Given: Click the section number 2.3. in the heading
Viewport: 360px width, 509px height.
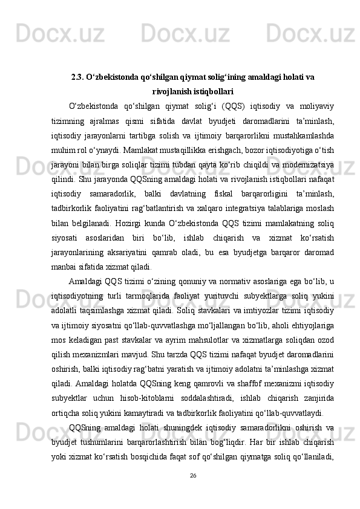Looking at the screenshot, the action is coord(77,77).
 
